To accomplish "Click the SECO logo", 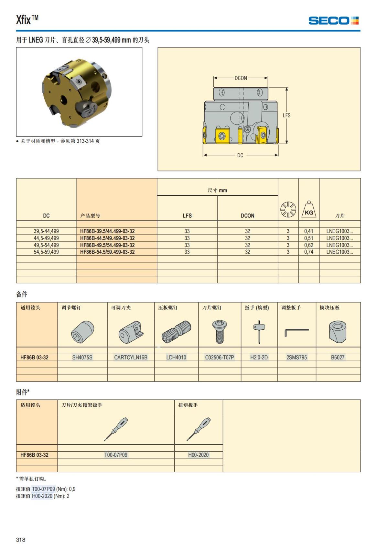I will [333, 21].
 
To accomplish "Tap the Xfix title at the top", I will [27, 20].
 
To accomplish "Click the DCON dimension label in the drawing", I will [241, 78].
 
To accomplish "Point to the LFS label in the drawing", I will [286, 115].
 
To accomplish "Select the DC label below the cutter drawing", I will [240, 155].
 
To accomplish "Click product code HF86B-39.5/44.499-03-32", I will [107, 231].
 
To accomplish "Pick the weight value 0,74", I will [308, 252].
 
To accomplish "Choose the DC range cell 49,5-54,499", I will [46, 245].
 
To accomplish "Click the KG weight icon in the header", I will [309, 209].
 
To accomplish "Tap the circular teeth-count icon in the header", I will [288, 209].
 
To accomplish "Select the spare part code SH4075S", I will [82, 357].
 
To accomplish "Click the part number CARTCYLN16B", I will [131, 357].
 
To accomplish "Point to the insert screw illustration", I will [220, 331].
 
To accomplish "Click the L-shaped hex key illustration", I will [296, 332].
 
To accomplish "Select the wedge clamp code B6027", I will [338, 357].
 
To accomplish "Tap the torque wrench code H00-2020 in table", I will [198, 455].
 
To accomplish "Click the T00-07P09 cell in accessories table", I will [116, 455].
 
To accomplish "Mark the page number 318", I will [21, 540].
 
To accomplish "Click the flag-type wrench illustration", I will [259, 331].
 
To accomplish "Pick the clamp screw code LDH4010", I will [176, 357].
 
